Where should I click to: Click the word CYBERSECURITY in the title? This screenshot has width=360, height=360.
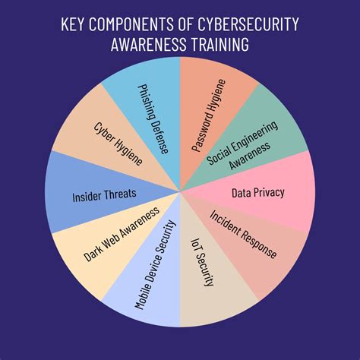248,24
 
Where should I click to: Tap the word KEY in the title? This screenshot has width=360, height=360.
73,24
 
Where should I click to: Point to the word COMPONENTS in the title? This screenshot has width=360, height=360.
131,24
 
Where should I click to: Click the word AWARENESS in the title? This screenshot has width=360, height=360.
149,44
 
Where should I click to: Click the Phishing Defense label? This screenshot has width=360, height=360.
153,119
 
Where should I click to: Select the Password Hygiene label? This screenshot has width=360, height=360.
209,115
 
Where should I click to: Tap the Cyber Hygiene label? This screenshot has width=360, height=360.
118,144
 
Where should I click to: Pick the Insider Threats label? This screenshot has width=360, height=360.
104,195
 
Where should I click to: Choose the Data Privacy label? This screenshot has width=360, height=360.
258,193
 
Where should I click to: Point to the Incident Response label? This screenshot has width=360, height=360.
243,234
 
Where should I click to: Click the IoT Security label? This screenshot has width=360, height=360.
202,262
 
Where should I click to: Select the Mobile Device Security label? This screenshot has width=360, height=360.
155,265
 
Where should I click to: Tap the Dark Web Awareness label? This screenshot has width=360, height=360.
122,234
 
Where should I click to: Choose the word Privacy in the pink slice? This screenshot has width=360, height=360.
269,193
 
